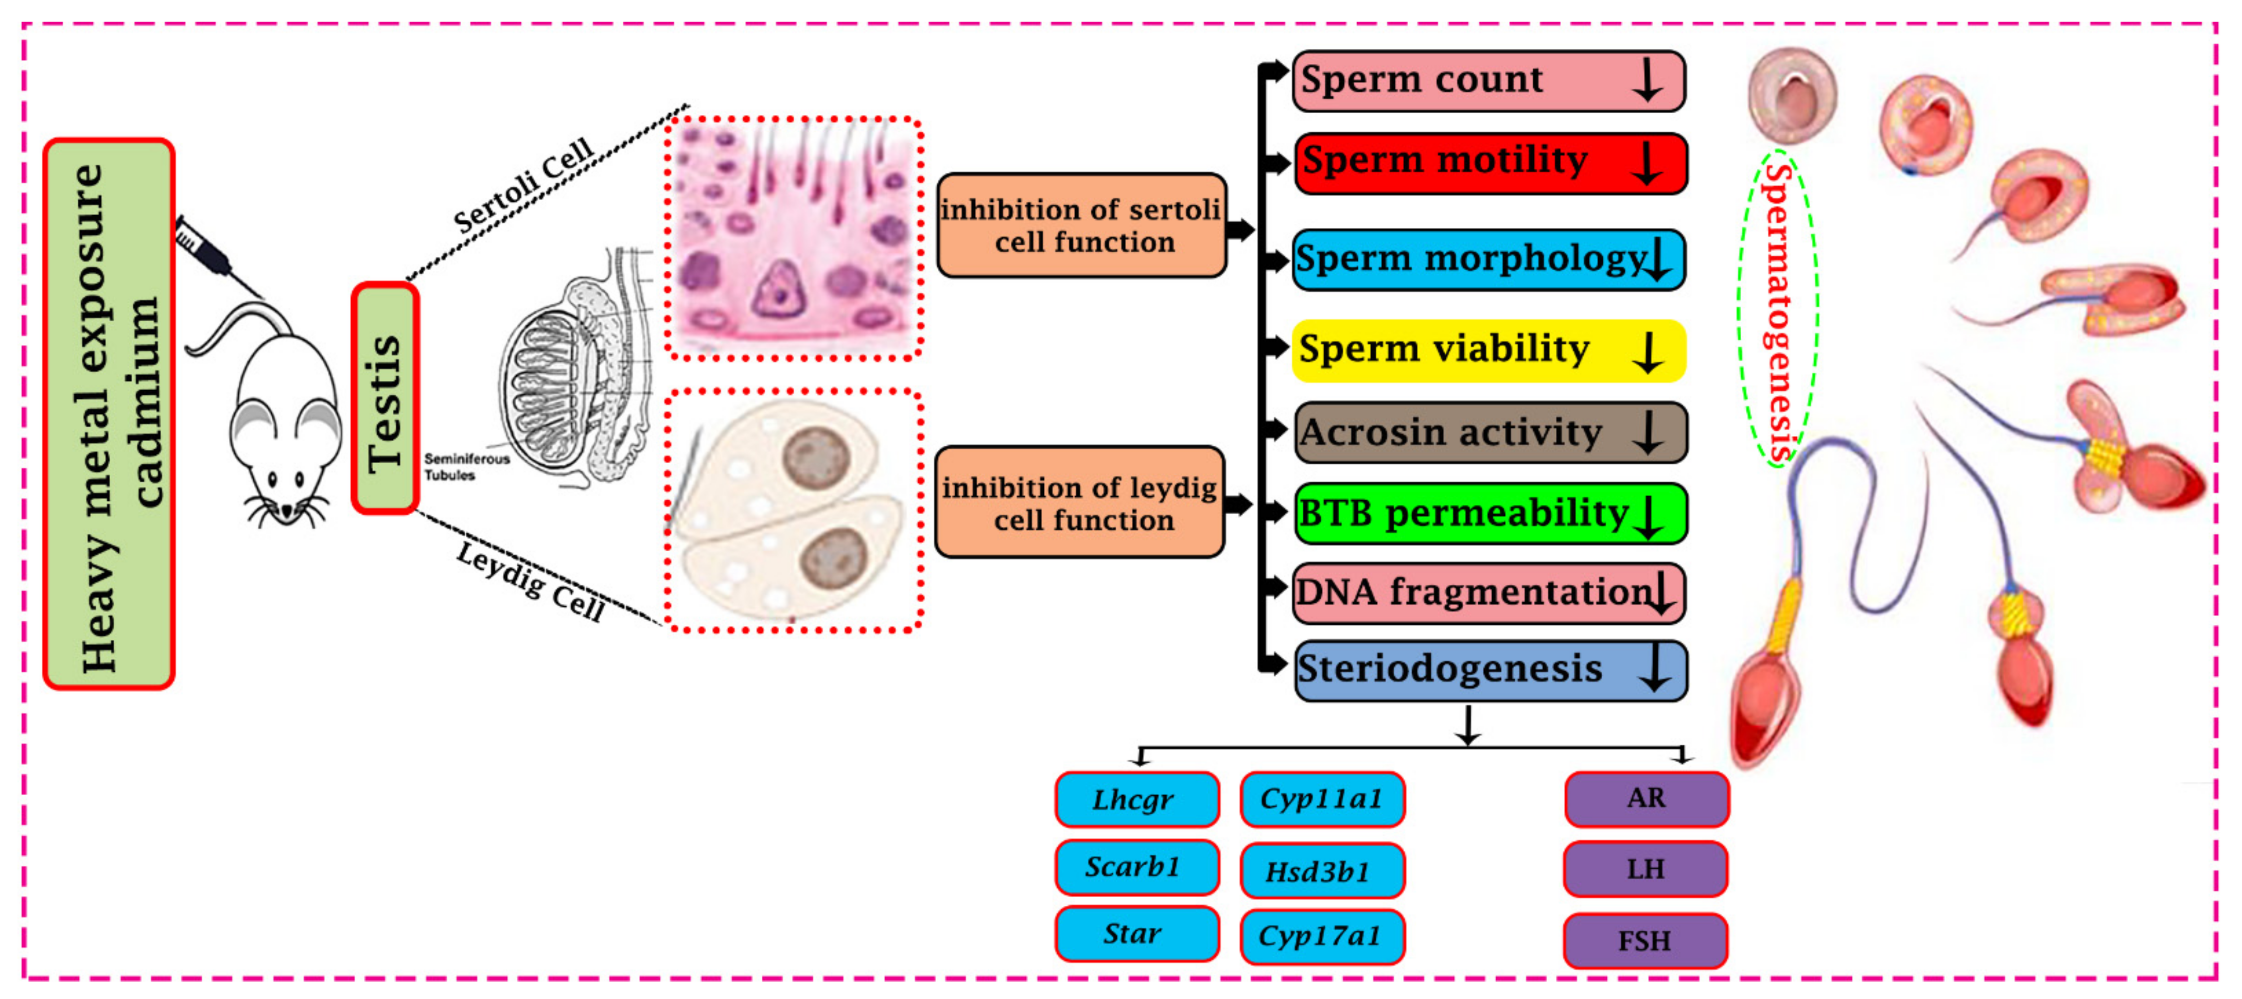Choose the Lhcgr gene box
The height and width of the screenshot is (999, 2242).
click(1136, 799)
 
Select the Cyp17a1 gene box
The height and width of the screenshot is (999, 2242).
click(1321, 936)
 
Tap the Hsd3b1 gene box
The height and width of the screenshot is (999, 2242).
click(1321, 870)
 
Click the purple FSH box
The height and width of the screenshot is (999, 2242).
click(1645, 941)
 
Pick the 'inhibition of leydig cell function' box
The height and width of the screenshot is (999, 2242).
click(1079, 503)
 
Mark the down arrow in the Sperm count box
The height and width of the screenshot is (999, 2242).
click(1647, 81)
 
